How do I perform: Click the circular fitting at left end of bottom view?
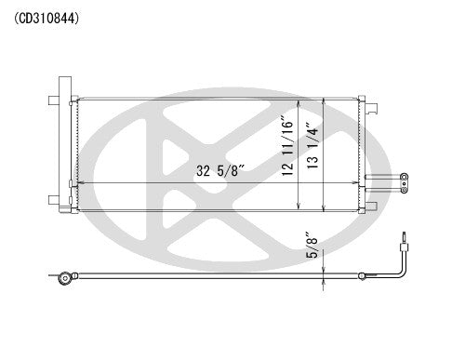(63, 276)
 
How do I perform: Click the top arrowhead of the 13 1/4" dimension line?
(322, 99)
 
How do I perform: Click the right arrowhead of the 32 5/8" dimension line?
(352, 182)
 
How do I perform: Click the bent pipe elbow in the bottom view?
(397, 271)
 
